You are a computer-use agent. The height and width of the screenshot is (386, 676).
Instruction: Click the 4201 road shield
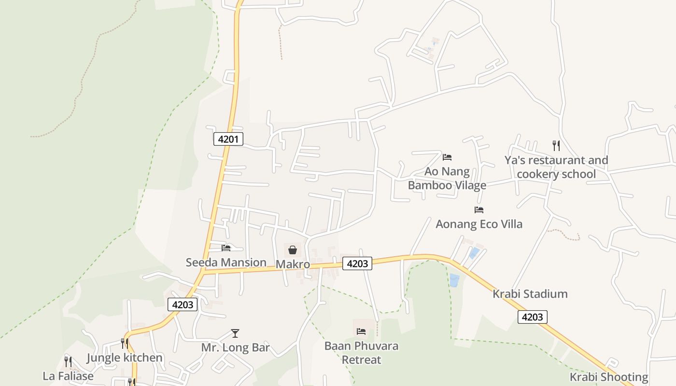click(x=228, y=139)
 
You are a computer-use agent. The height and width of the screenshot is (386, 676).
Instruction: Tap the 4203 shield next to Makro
click(x=357, y=263)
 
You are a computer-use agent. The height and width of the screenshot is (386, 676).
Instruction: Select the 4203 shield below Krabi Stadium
click(x=533, y=317)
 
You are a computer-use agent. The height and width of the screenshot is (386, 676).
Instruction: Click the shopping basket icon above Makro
click(x=293, y=249)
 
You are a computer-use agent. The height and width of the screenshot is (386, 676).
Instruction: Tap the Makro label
click(x=293, y=264)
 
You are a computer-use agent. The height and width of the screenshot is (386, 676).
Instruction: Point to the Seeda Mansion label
click(x=226, y=262)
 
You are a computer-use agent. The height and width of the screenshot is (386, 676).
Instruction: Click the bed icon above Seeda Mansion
click(x=226, y=248)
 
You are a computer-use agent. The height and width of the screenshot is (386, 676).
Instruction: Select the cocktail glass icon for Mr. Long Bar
click(x=235, y=333)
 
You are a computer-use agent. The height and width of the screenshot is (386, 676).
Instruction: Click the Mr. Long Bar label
click(x=235, y=348)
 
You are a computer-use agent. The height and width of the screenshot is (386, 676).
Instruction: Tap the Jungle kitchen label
click(x=125, y=358)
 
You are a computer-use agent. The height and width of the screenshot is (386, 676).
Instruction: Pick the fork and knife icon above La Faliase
click(x=68, y=361)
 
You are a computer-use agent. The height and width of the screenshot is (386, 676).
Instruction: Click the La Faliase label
click(x=68, y=376)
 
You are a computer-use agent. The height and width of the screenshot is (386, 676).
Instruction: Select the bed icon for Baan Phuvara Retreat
click(x=361, y=331)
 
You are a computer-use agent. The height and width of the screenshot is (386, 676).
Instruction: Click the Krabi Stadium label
click(x=530, y=294)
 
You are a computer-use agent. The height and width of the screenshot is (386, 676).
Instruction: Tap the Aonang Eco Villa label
click(x=479, y=224)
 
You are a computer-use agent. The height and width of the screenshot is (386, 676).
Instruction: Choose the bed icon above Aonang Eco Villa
click(x=479, y=209)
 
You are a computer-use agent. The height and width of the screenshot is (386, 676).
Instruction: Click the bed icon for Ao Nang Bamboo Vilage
click(x=447, y=157)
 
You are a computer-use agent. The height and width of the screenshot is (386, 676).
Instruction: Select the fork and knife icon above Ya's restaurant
click(x=556, y=145)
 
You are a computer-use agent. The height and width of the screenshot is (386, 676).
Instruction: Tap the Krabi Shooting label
click(x=608, y=377)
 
